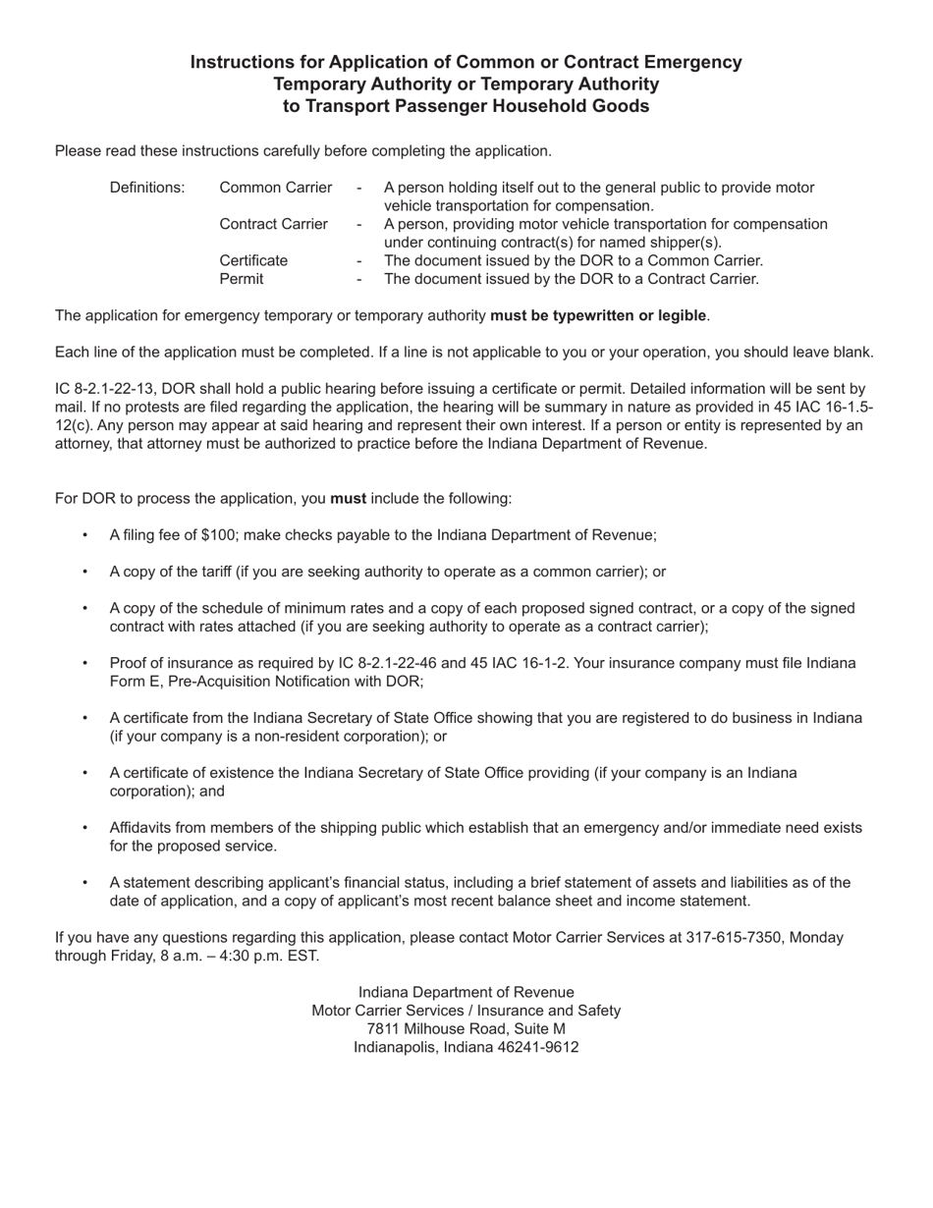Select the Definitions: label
[147, 188]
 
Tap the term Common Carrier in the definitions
[276, 188]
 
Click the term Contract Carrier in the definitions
[274, 224]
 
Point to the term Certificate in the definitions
[253, 261]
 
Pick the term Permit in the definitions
[241, 279]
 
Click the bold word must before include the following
[348, 498]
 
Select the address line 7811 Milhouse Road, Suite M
[466, 1029]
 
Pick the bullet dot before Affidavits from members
[85, 828]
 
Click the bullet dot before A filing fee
[85, 535]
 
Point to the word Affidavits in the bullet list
[143, 828]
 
